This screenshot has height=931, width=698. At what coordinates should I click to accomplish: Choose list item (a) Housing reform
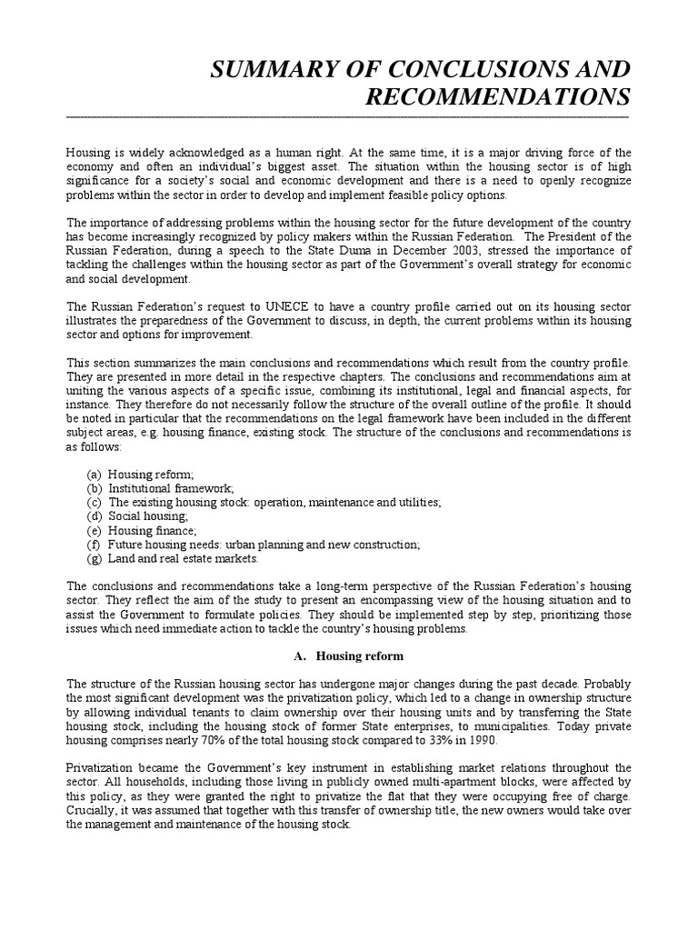tap(140, 474)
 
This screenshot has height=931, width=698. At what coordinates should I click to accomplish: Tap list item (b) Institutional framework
tap(160, 488)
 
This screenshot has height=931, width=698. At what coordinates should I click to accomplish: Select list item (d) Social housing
tap(137, 516)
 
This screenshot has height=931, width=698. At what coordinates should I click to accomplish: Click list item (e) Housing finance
tap(141, 530)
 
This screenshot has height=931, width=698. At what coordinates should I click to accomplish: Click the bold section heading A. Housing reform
tap(349, 656)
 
